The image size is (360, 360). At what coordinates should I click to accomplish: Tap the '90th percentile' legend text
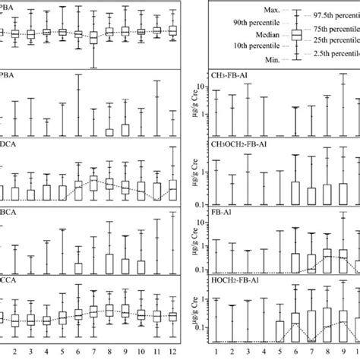pos(252,23)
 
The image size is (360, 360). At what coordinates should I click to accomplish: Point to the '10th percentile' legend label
pos(252,46)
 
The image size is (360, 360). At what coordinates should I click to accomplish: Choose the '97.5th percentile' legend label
pos(334,14)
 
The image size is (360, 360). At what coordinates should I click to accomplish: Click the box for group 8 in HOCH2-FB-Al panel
pos(327,318)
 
